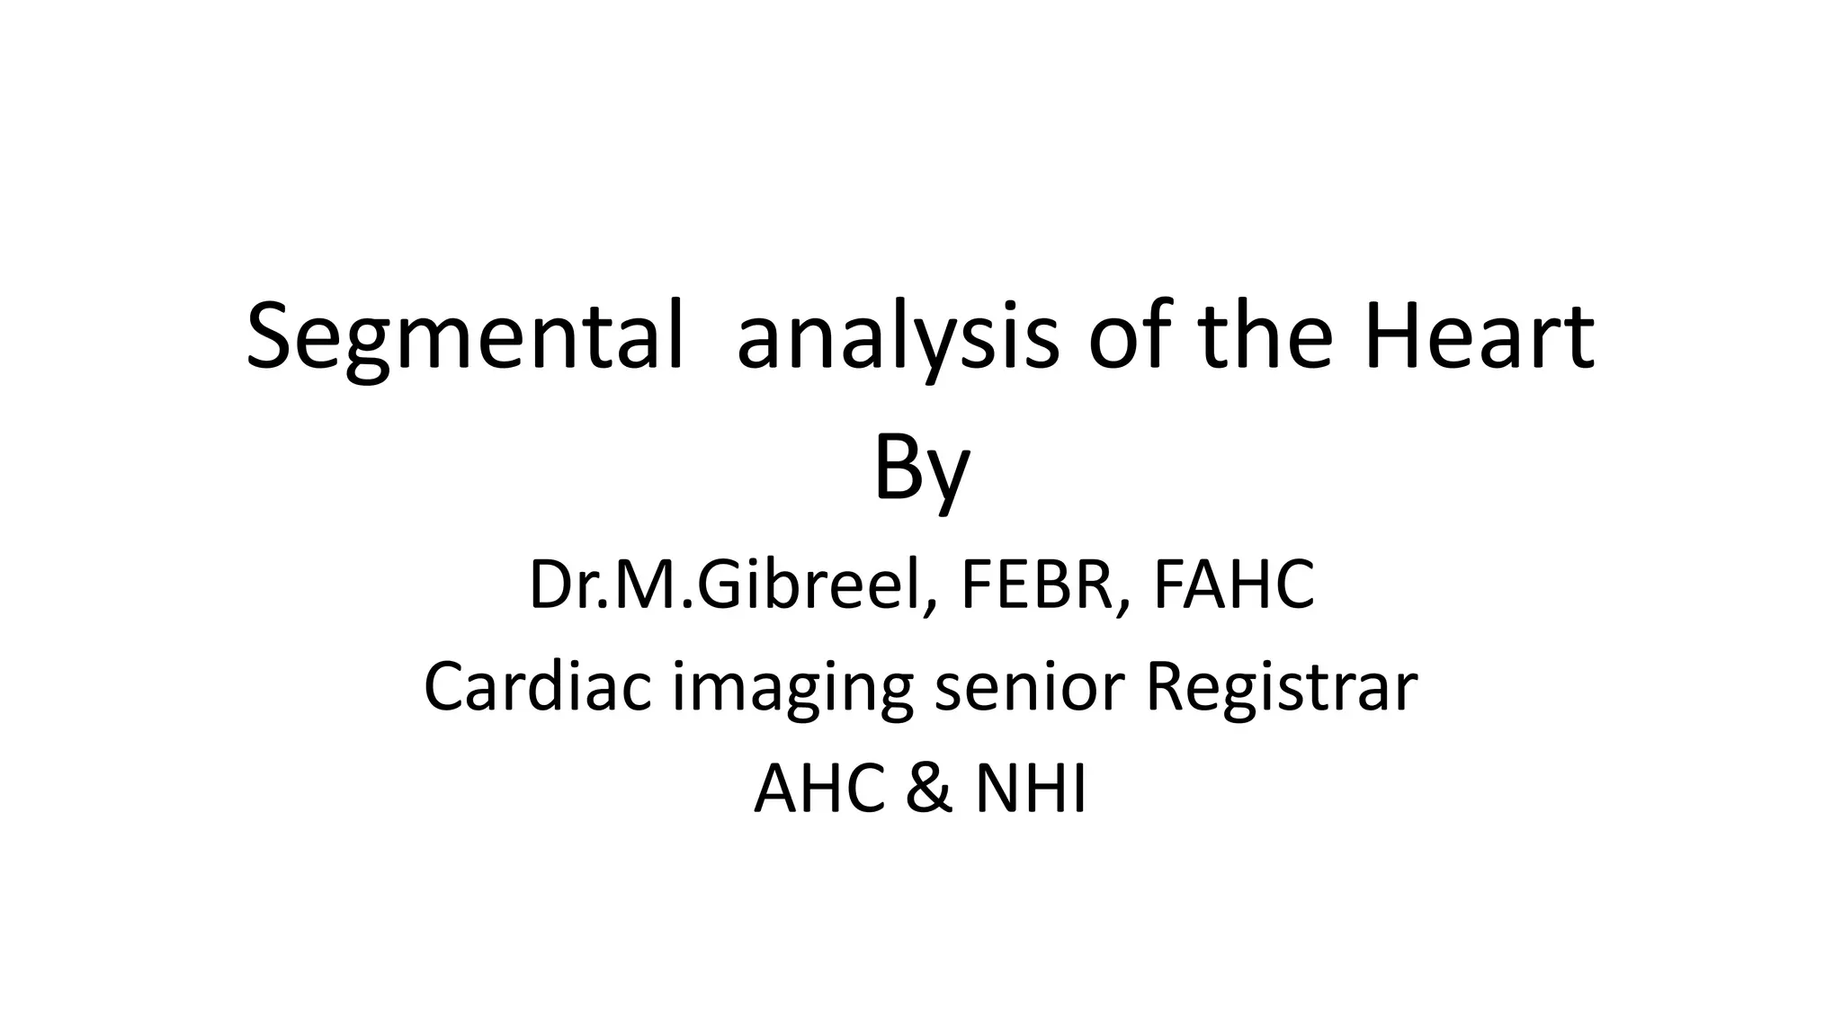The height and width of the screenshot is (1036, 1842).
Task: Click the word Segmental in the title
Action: point(464,338)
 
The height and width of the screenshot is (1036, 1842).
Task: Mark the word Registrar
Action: point(1282,688)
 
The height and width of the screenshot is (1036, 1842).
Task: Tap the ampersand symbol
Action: point(927,789)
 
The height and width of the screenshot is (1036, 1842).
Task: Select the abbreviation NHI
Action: point(1032,789)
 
